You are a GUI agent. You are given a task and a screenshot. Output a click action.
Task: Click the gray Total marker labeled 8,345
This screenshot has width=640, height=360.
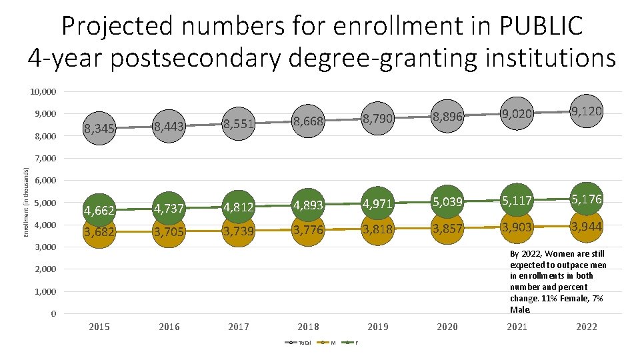pos(99,128)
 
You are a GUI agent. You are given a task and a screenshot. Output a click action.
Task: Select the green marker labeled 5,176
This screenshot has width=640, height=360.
pos(587,199)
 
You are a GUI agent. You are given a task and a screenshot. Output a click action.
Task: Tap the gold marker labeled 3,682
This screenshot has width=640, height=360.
pos(99,231)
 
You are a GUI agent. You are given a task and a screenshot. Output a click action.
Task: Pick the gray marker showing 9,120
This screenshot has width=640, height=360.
pos(587,111)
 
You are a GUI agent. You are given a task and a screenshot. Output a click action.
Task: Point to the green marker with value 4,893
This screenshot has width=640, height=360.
pos(308,205)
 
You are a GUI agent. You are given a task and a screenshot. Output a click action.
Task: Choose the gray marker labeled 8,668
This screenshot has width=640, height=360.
pos(308,121)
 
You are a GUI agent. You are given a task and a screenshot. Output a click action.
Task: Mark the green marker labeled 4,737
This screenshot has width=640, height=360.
pos(169,209)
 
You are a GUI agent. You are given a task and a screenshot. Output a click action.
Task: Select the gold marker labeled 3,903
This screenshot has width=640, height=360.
pos(517,227)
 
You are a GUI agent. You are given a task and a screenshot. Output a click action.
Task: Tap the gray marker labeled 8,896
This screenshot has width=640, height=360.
pos(447,117)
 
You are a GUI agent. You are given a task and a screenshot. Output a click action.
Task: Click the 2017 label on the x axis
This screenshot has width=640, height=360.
pos(238,327)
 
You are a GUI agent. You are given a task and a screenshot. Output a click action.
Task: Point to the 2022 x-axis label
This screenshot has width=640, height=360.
pos(587,327)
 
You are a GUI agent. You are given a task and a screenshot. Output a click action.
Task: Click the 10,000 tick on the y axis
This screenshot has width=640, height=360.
pos(43,91)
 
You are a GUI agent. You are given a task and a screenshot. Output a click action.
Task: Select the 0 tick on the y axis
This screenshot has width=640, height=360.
pos(53,314)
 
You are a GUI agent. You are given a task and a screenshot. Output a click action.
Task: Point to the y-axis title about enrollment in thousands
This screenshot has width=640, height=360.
pos(25,202)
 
